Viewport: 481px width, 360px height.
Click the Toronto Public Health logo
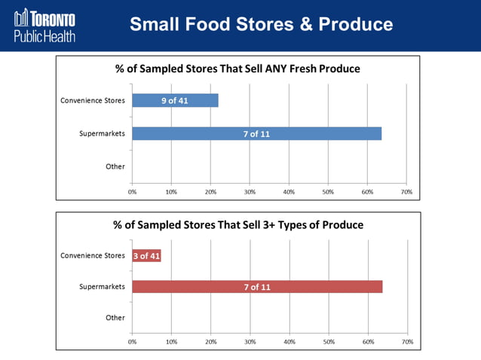click(44, 25)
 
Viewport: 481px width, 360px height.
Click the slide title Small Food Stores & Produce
click(261, 24)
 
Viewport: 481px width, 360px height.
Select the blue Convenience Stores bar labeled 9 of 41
click(175, 100)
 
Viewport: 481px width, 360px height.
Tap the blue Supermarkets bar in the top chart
click(256, 133)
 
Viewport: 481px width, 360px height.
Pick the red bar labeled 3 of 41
click(146, 255)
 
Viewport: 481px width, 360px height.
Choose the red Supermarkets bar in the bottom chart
click(256, 287)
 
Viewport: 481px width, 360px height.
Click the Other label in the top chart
click(115, 166)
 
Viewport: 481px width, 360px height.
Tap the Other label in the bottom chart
click(115, 318)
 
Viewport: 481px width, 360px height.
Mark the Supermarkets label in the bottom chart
click(102, 287)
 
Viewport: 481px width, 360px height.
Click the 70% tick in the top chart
click(406, 192)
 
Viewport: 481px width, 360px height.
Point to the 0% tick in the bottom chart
click(132, 342)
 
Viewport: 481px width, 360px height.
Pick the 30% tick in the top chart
click(250, 192)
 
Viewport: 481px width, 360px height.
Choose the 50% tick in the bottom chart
click(329, 342)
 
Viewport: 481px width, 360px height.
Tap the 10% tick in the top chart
click(171, 192)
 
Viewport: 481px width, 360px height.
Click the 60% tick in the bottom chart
click(368, 342)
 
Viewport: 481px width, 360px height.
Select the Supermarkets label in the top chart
click(102, 133)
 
